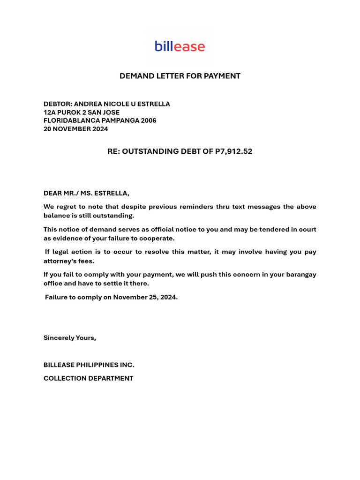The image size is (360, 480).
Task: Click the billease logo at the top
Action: pyautogui.click(x=180, y=46)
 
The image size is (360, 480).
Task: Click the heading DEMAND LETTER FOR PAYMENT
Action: pyautogui.click(x=180, y=76)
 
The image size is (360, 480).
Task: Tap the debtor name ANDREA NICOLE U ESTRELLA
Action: pyautogui.click(x=122, y=104)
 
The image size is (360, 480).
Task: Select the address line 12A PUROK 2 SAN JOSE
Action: pyautogui.click(x=82, y=112)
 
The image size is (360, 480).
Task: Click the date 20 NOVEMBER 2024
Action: pyautogui.click(x=75, y=129)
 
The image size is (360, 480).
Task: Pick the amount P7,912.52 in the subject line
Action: pyautogui.click(x=233, y=151)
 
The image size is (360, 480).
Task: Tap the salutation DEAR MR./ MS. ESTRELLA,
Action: pyautogui.click(x=86, y=193)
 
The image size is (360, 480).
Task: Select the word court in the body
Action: pyautogui.click(x=307, y=229)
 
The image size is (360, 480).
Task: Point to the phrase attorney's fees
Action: pyautogui.click(x=69, y=261)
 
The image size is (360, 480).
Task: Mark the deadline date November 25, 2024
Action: pyautogui.click(x=145, y=297)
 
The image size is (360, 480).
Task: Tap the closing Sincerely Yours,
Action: pyautogui.click(x=70, y=337)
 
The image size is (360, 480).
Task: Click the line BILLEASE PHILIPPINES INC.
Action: pyautogui.click(x=89, y=365)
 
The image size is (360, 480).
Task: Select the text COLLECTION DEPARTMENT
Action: pyautogui.click(x=88, y=378)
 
